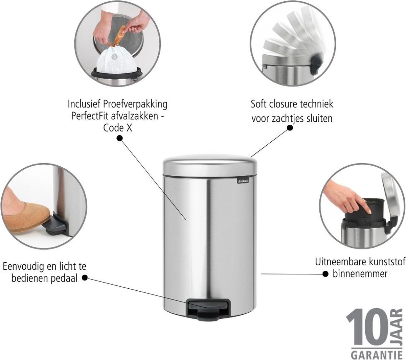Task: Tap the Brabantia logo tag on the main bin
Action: [243, 181]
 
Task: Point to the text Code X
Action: [118, 128]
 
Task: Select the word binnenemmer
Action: [360, 274]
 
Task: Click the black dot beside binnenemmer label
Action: [325, 274]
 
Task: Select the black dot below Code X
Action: [119, 138]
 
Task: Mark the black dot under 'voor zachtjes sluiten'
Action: [290, 128]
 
